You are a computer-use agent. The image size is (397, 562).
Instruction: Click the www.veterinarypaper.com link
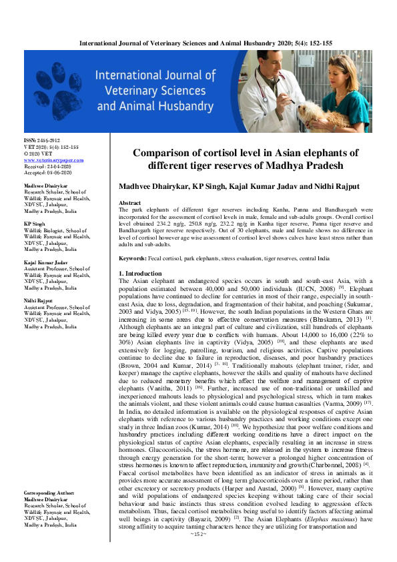(x=53, y=160)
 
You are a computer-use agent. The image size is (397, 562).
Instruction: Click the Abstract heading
(x=129, y=202)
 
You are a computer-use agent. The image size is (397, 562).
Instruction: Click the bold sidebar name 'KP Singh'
(x=35, y=224)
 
